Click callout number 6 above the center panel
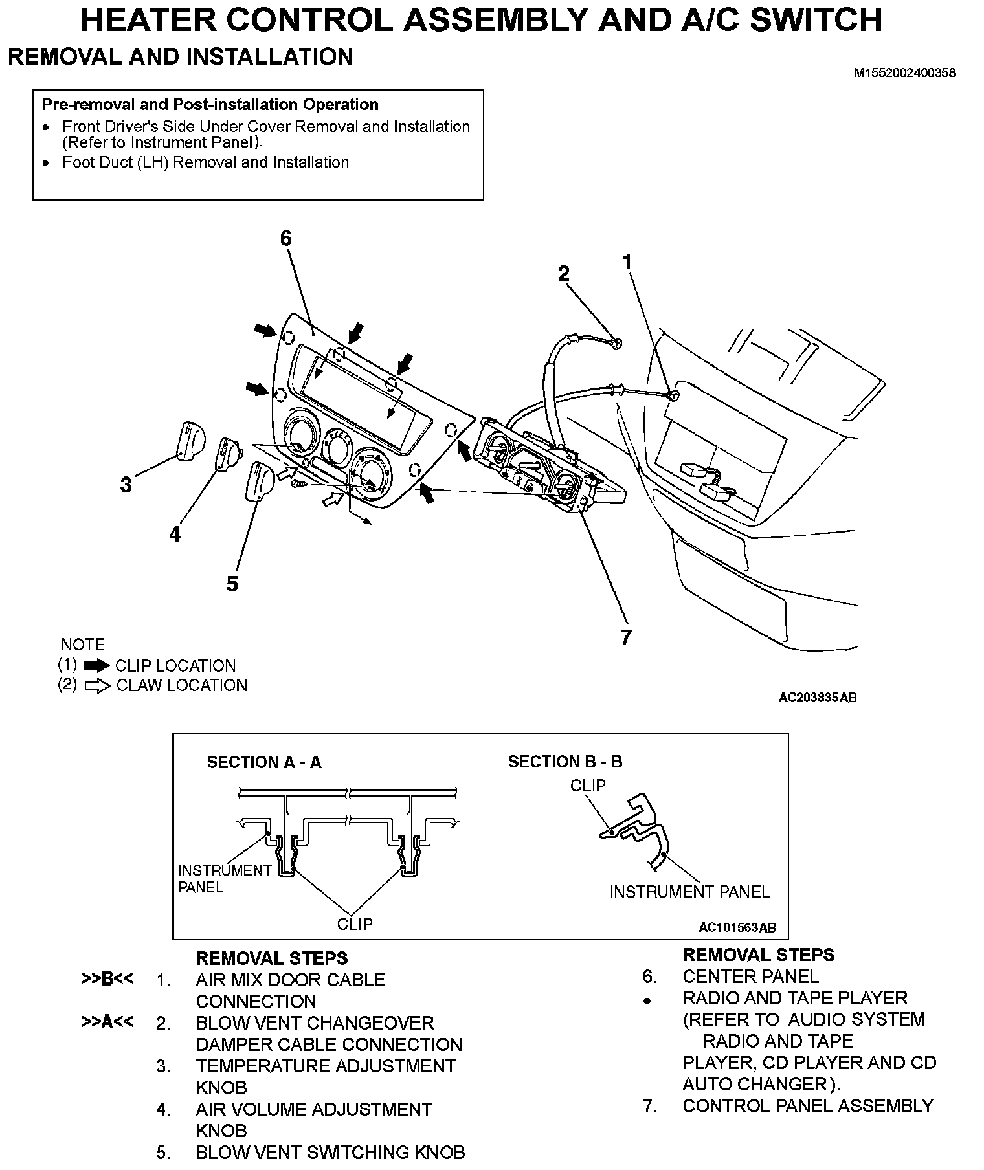click(286, 239)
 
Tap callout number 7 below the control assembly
click(625, 637)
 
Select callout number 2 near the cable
click(564, 274)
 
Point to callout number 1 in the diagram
click(627, 262)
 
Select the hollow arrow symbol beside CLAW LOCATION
click(98, 686)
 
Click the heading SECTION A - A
click(264, 762)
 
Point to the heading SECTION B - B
click(565, 762)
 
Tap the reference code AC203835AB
click(818, 698)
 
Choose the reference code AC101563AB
click(737, 928)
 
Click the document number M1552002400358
click(904, 73)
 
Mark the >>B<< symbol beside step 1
click(107, 979)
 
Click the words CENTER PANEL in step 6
click(750, 977)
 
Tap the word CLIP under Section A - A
click(355, 923)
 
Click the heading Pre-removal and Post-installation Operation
click(210, 105)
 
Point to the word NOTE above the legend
click(83, 645)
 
